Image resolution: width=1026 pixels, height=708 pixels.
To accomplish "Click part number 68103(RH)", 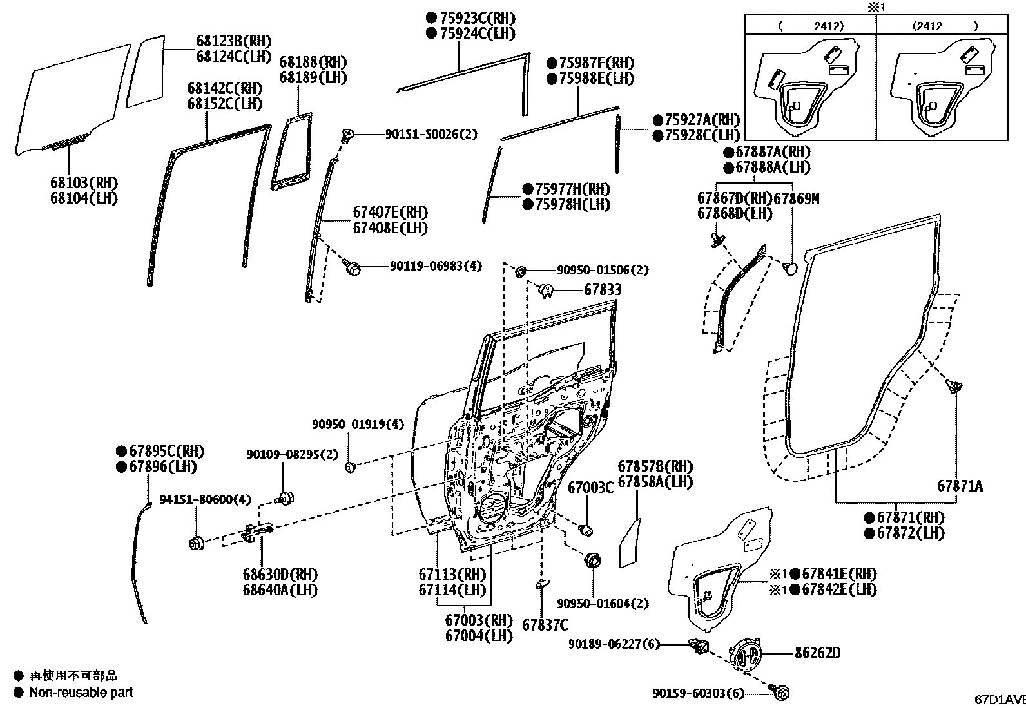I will point(84,183).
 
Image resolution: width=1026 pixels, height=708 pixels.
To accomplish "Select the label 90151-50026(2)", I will point(431,134).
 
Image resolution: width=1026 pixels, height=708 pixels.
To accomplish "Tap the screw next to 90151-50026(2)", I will point(347,135).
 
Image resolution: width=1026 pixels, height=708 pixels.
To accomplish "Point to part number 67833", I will point(603,290).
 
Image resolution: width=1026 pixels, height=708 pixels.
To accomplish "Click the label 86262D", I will point(817,653).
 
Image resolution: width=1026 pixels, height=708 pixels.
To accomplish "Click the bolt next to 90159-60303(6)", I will point(780,693).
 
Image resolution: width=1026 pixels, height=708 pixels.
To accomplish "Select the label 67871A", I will point(960,486).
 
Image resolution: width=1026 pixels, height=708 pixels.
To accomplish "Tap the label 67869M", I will point(796,198).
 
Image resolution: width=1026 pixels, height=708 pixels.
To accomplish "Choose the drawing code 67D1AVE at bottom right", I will point(999,700).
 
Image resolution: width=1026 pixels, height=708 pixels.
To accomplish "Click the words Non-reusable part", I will point(81,693).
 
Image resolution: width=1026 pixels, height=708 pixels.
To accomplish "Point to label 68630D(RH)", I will point(280,574).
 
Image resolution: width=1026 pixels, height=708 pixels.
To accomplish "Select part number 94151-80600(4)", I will point(206,499).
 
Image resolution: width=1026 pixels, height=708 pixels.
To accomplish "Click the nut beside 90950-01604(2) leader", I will point(592,559).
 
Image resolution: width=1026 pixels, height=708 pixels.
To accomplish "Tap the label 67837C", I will point(545,625).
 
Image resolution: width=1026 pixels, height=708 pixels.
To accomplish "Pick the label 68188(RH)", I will point(313,62).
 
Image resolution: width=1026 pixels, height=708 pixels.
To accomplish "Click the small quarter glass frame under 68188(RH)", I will point(291,153).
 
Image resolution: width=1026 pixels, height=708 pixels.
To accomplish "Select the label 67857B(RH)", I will point(655,466).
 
